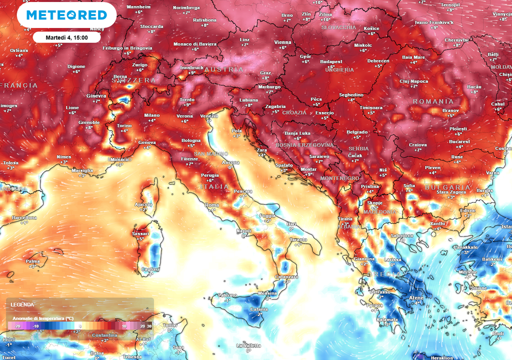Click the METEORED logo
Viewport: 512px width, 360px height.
(66, 15)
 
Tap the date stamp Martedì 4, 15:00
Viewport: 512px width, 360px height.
(67, 37)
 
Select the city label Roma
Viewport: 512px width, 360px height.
(212, 205)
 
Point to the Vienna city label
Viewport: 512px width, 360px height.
(282, 42)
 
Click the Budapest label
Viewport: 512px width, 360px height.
(330, 61)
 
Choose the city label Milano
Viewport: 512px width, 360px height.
(152, 115)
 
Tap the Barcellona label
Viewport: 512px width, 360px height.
(24, 217)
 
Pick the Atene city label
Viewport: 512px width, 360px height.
(416, 298)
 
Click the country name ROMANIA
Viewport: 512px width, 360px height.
(433, 101)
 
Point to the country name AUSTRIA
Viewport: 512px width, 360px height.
(224, 69)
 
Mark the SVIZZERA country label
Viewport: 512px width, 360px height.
(133, 80)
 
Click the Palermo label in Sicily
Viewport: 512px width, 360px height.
(227, 295)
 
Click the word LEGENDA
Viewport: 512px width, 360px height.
(22, 304)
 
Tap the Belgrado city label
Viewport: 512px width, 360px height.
(356, 132)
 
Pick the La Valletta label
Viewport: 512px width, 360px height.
(248, 345)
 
